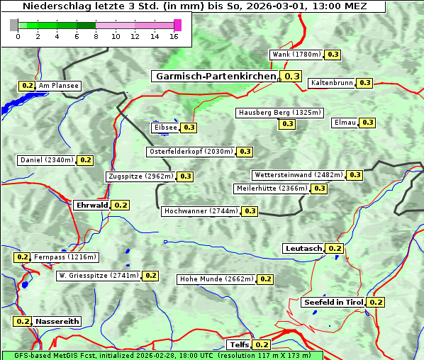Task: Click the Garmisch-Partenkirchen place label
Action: point(214,76)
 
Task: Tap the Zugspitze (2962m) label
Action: point(140,176)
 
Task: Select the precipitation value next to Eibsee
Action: point(189,128)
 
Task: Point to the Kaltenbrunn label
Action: point(331,83)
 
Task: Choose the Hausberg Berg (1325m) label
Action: point(280,113)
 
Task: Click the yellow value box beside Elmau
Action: point(367,123)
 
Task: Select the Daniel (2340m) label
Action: point(47,160)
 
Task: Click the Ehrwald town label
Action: point(91,205)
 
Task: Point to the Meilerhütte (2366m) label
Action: point(272,189)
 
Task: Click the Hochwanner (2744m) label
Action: point(201,211)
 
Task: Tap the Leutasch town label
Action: point(303,248)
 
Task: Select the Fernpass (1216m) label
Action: point(65,257)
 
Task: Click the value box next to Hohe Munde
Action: point(265,279)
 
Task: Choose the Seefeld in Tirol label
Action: point(333,302)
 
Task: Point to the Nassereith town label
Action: point(57,321)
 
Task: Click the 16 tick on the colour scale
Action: point(174,36)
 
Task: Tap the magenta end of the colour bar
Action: point(177,25)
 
